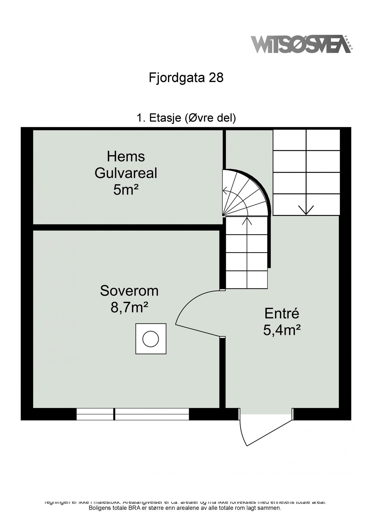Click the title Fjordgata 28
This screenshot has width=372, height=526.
[x=186, y=78]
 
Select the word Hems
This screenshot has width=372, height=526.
[x=126, y=156]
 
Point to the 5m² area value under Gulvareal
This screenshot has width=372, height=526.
[x=126, y=190]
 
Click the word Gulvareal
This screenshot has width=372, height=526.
[x=126, y=173]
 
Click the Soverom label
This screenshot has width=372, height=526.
[x=129, y=291]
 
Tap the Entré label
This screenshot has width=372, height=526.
[x=282, y=314]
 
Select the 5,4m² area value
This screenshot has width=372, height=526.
[x=282, y=331]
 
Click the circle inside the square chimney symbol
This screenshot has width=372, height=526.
[x=150, y=339]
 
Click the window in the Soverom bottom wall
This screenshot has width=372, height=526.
[x=133, y=414]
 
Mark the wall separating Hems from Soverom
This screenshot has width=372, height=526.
[x=126, y=227]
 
